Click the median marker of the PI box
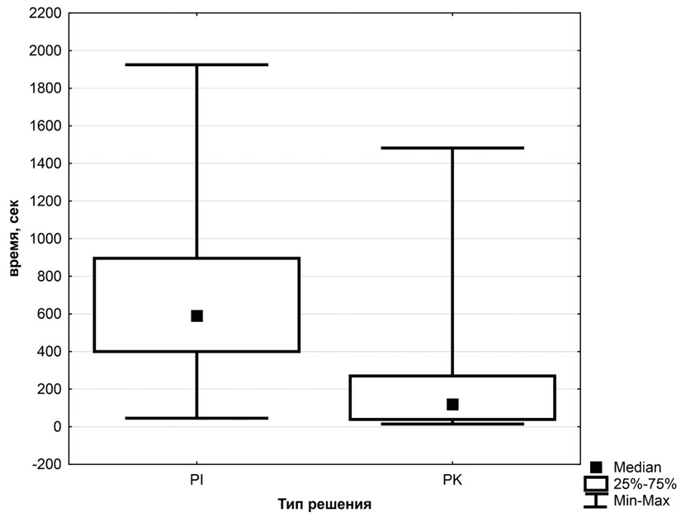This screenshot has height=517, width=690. point(196,315)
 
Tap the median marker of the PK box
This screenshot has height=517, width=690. point(452,404)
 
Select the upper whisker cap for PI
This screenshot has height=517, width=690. point(196,64)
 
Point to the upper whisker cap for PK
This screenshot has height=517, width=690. point(452,148)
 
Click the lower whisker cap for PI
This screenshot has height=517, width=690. point(196,418)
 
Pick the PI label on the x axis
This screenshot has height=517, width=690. point(196,479)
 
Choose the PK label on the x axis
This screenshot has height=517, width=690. point(452,479)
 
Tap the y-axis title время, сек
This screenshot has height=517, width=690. point(15,239)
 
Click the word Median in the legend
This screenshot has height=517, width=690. point(636,467)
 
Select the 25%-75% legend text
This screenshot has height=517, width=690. point(645,484)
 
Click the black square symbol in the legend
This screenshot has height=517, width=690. point(596,467)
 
